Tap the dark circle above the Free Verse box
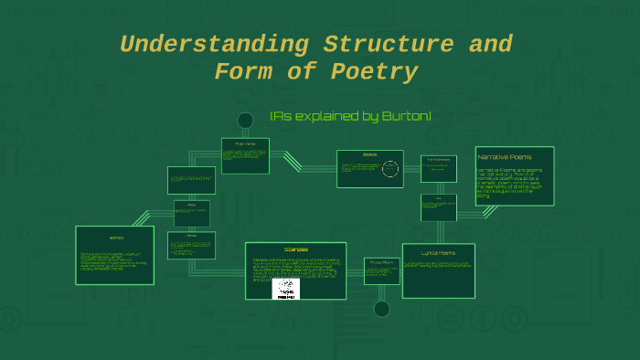point(245,121)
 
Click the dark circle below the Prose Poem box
point(382,309)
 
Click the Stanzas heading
point(295,249)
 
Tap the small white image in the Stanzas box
point(287,289)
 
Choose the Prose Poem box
point(382,270)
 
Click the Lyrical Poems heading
point(438,252)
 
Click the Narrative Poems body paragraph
point(514,182)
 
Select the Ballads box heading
point(369,154)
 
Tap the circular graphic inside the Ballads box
point(390,169)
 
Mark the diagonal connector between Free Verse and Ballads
point(293,161)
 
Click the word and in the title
point(490,44)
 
